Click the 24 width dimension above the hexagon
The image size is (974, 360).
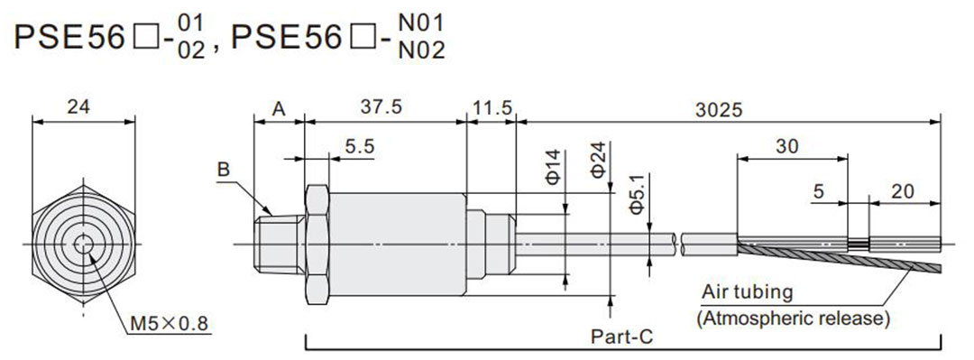pos(78,106)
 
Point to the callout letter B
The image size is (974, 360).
pos(223,169)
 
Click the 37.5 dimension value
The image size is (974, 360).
pos(381,107)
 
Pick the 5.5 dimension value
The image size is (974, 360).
pos(358,148)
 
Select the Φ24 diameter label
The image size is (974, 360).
pos(596,160)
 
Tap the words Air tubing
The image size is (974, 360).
pos(748,292)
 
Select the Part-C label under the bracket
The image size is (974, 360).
pos(621,337)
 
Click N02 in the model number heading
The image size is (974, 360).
pos(420,51)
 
